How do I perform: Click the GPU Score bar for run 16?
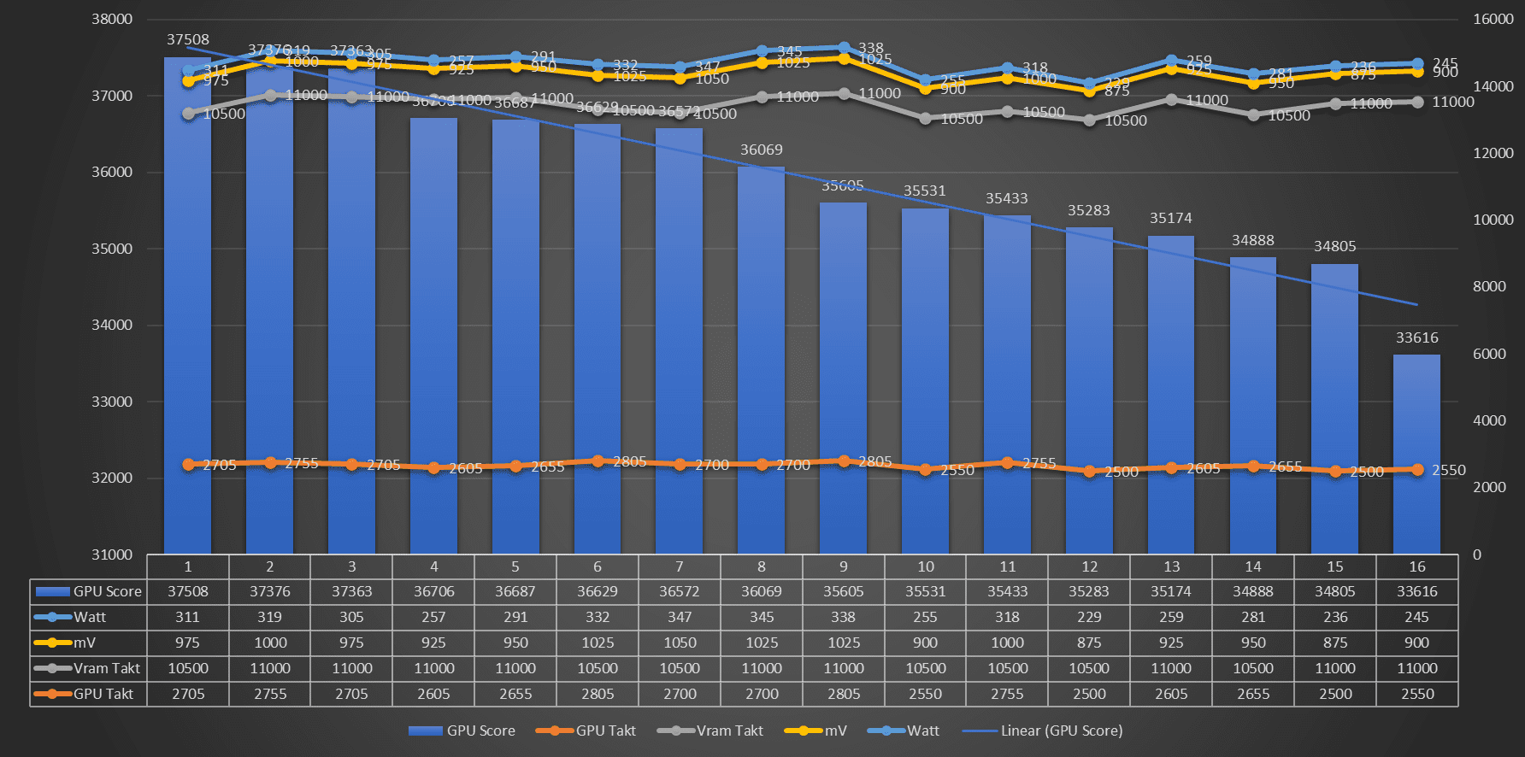click(1416, 453)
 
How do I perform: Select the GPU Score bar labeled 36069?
click(761, 359)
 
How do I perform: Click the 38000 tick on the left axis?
click(112, 20)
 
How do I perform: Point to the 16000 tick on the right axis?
click(1493, 20)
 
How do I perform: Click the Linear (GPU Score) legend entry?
click(1061, 731)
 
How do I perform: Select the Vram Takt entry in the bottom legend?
click(728, 731)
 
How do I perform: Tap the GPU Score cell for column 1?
click(188, 591)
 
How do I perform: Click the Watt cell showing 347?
click(680, 617)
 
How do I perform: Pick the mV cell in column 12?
click(1089, 643)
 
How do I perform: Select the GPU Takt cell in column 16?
click(1416, 694)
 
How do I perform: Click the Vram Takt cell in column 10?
click(925, 668)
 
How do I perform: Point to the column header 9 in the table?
click(843, 566)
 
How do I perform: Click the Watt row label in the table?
click(89, 617)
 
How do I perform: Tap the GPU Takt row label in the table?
click(103, 694)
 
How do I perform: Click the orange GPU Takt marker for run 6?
click(598, 461)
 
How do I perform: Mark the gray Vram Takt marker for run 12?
click(1089, 120)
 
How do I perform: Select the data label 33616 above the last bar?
click(1416, 337)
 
